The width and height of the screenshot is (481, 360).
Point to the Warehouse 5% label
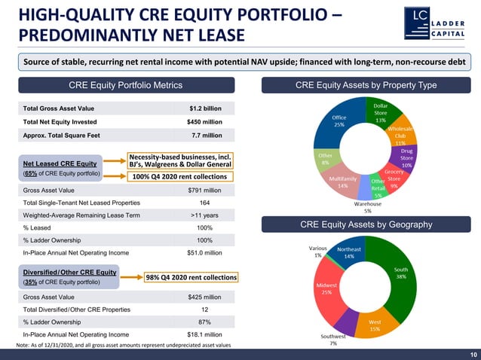369,206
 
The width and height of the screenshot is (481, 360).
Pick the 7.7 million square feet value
207,135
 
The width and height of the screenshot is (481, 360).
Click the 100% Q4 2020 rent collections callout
179,176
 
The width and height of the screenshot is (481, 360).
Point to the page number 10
472,353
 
